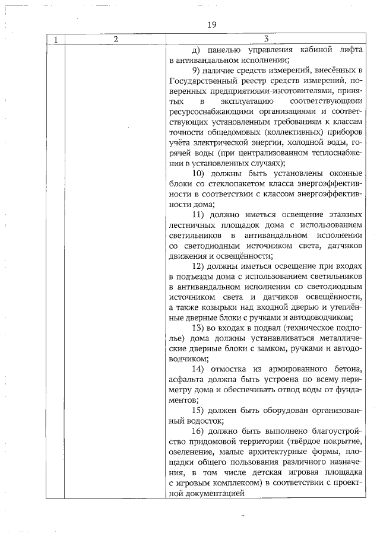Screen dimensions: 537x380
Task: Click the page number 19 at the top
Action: click(x=212, y=25)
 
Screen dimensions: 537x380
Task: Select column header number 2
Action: click(x=116, y=40)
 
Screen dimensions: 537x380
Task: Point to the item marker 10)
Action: click(x=202, y=173)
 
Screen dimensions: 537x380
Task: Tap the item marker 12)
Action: click(x=202, y=266)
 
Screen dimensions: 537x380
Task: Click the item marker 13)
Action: click(x=202, y=328)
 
